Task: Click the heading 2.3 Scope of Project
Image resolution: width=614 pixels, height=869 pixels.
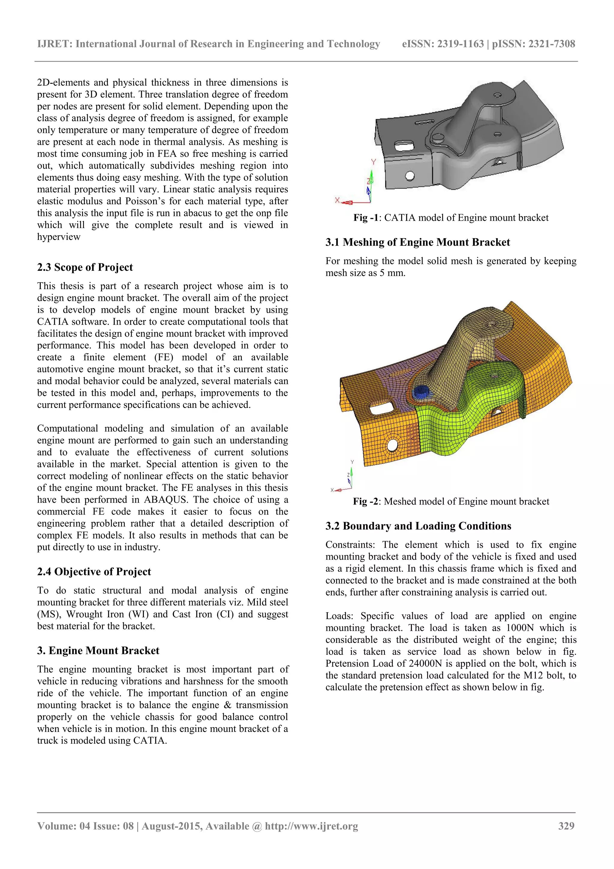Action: pos(85,267)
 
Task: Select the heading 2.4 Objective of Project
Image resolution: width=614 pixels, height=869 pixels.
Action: pos(94,571)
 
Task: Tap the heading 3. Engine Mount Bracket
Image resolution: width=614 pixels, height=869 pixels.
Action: pos(98,650)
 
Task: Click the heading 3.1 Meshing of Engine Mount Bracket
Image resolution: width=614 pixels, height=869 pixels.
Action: pos(418,242)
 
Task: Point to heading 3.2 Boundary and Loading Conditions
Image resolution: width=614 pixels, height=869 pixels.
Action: pos(418,526)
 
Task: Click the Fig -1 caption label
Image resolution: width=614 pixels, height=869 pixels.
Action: pos(365,218)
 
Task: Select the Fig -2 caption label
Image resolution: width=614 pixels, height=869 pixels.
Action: pos(365,502)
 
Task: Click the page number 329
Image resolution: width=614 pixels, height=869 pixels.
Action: pos(566,826)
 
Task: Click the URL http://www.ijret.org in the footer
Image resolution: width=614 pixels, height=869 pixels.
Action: pos(311,826)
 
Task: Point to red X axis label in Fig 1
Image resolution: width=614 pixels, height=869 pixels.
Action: pos(337,200)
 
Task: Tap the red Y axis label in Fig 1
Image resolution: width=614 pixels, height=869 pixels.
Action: pos(373,162)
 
